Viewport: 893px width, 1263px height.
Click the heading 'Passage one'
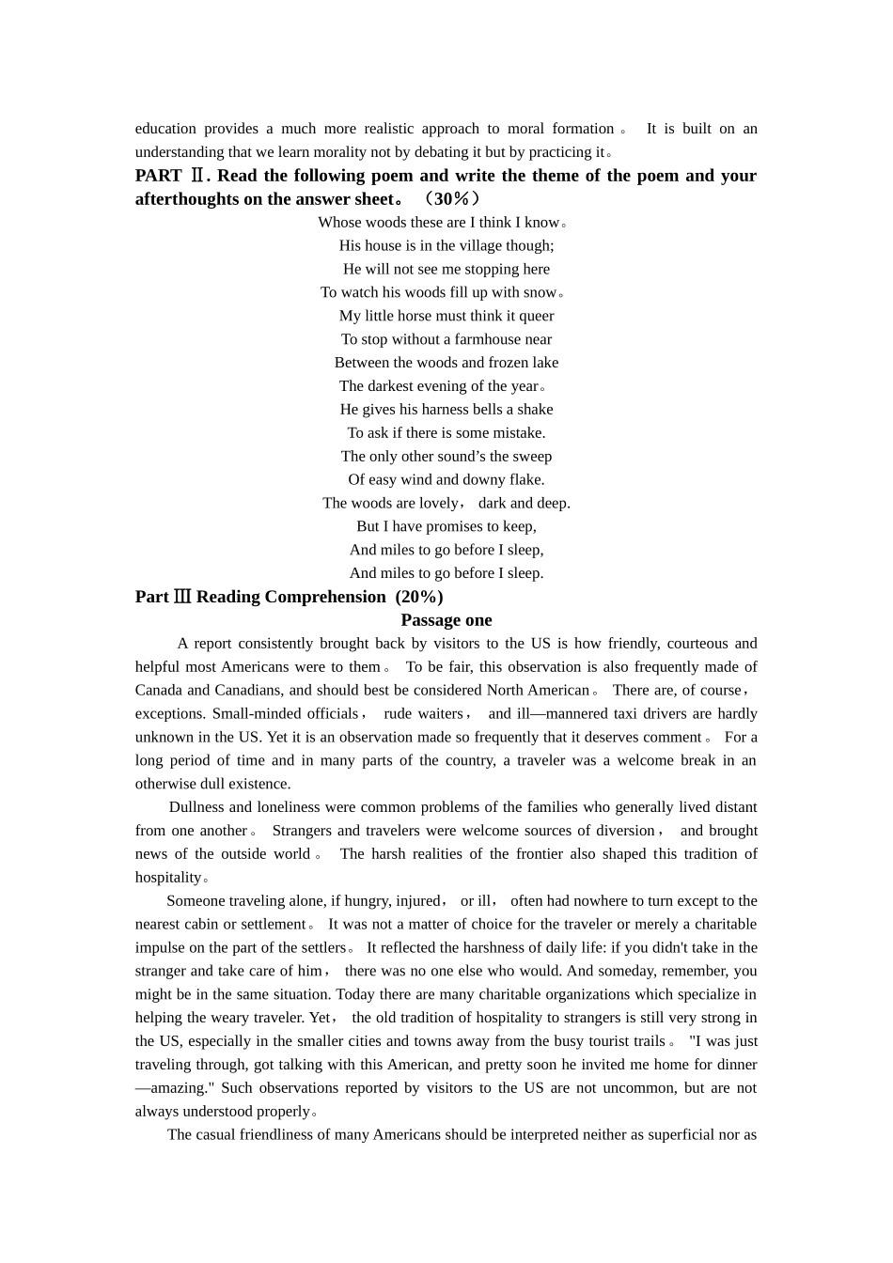tap(446, 620)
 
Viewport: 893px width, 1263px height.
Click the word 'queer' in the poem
tap(536, 316)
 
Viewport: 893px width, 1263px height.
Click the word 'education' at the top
tap(165, 129)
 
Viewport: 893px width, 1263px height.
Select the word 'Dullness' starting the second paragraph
tap(197, 807)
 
